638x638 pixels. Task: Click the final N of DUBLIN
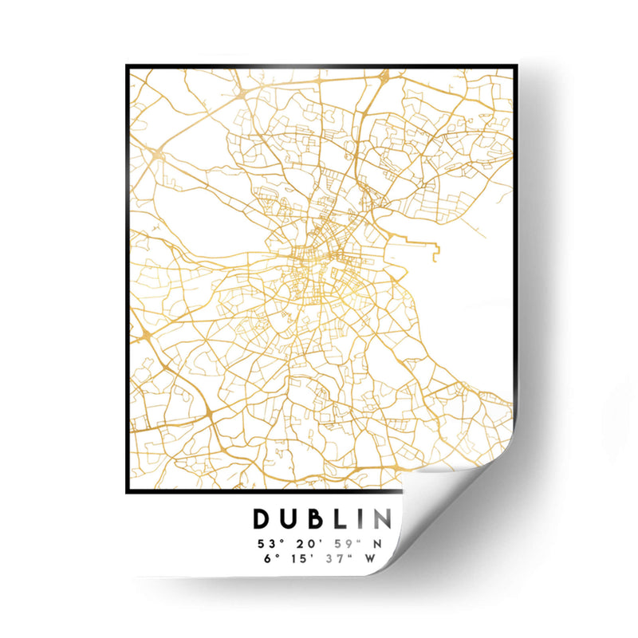(382, 519)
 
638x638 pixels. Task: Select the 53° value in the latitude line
(269, 544)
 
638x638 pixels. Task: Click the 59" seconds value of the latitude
(346, 544)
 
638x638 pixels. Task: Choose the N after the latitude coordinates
(379, 544)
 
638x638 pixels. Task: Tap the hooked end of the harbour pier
(438, 253)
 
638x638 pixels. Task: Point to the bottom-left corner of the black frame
(128, 492)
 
